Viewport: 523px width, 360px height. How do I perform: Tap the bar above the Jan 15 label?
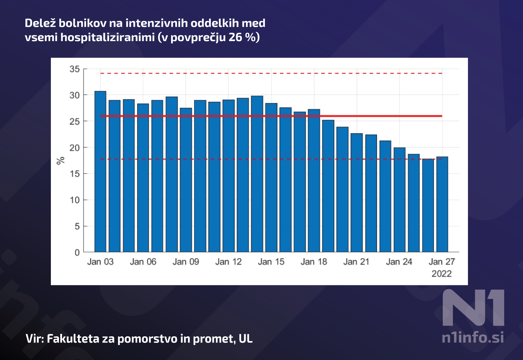pos(271,178)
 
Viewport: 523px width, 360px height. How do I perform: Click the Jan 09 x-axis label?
pos(186,262)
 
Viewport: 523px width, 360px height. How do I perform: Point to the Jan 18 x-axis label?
pos(314,262)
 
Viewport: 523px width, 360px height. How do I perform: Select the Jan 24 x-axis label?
pos(399,262)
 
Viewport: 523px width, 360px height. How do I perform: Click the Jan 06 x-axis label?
pos(143,262)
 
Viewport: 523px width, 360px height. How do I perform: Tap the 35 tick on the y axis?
pos(75,69)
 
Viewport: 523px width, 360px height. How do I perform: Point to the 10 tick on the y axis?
pos(75,200)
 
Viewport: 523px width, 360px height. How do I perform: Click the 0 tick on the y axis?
pos(77,252)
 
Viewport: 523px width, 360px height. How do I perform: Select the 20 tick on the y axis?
pos(75,147)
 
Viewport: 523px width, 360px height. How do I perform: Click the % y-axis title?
pos(61,161)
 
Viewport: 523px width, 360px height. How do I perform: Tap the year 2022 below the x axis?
pos(441,274)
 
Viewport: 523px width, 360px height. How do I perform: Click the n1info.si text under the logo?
pos(472,337)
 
